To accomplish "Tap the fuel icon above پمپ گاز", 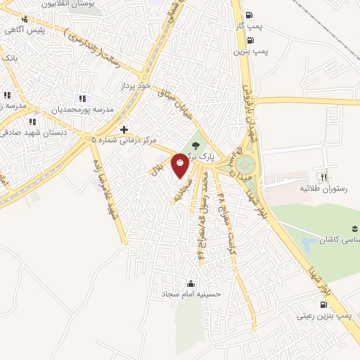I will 250,15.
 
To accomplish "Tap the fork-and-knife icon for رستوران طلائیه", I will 324,177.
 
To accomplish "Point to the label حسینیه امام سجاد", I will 191,294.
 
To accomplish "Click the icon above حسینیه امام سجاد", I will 191,283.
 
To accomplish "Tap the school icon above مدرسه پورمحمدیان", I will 82,99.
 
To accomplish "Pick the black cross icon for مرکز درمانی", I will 124,129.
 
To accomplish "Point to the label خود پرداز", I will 135,85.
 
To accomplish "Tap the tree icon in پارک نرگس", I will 195,145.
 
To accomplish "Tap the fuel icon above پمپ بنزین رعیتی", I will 323,305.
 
